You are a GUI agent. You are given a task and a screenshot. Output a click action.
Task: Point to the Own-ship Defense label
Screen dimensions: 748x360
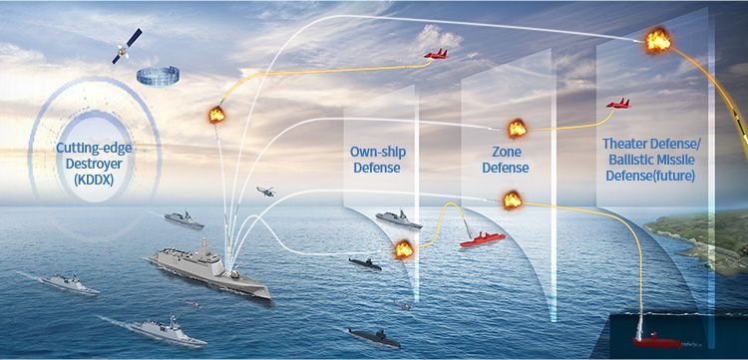coord(377,160)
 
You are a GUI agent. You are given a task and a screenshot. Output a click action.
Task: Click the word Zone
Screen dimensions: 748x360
coord(505,151)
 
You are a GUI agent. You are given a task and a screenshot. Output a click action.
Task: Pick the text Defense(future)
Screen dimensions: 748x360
coord(650,177)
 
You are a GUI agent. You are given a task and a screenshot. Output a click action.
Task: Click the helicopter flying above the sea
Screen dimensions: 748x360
coord(266,190)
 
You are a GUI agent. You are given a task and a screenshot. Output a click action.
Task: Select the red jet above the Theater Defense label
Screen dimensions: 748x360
coord(618,103)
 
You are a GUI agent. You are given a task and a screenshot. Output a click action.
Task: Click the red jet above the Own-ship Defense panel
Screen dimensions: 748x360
coord(436,55)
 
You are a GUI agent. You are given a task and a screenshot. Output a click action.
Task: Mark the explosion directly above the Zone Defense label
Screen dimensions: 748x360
coord(517,129)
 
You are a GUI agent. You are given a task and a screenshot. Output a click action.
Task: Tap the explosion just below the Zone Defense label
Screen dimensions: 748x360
coord(511,201)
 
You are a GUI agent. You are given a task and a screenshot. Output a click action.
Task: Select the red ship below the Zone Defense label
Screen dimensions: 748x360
coord(482,239)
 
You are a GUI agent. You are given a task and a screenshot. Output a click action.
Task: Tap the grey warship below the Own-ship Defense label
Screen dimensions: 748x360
coord(392,217)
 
